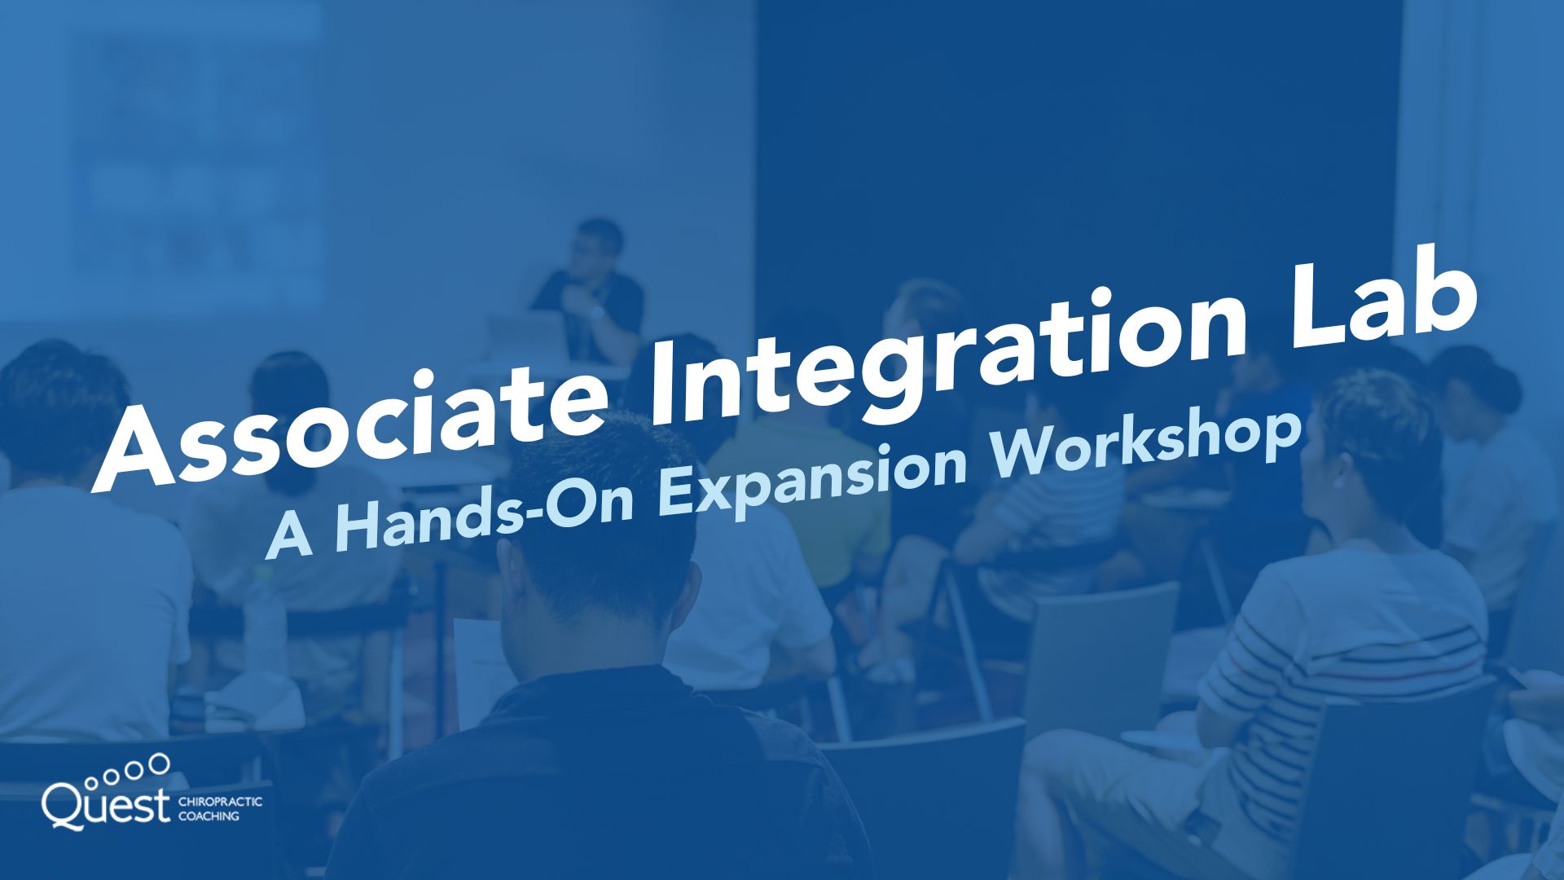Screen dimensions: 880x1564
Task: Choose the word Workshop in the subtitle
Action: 1140,444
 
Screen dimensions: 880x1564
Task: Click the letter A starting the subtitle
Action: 289,538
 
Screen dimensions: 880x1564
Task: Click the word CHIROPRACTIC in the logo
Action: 220,802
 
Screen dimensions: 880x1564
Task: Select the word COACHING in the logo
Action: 209,816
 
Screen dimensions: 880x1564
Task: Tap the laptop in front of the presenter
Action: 525,334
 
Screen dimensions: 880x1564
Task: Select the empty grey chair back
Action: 1100,652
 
